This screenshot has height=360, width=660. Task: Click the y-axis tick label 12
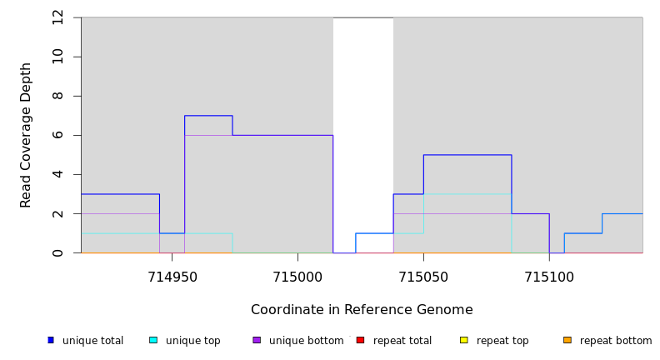[x=57, y=17]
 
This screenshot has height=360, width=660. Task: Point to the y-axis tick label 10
[x=57, y=57]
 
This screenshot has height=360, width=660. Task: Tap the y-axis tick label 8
[x=57, y=96]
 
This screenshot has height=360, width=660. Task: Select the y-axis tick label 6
[x=57, y=135]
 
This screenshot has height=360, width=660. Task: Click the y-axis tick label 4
[x=57, y=174]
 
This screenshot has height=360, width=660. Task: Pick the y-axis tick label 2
[x=57, y=213]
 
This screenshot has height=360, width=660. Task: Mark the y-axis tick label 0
[x=57, y=252]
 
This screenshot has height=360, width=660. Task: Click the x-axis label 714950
[x=172, y=277]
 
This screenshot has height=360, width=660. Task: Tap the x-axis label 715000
[x=297, y=277]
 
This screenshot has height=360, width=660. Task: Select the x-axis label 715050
[x=423, y=277]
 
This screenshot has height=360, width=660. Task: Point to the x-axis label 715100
[x=549, y=277]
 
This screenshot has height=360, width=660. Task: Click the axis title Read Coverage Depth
[x=26, y=135]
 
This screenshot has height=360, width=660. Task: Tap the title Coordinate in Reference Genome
[x=362, y=310]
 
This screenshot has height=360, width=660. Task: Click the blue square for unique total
[x=51, y=340]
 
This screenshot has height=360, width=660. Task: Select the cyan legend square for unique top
[x=153, y=340]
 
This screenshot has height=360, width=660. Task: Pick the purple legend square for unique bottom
[x=257, y=340]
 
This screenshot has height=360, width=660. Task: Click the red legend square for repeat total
[x=361, y=340]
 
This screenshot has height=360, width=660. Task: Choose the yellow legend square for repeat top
[x=464, y=340]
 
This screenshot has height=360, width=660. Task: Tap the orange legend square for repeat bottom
[x=567, y=340]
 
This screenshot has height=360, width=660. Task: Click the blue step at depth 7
[x=208, y=116]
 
